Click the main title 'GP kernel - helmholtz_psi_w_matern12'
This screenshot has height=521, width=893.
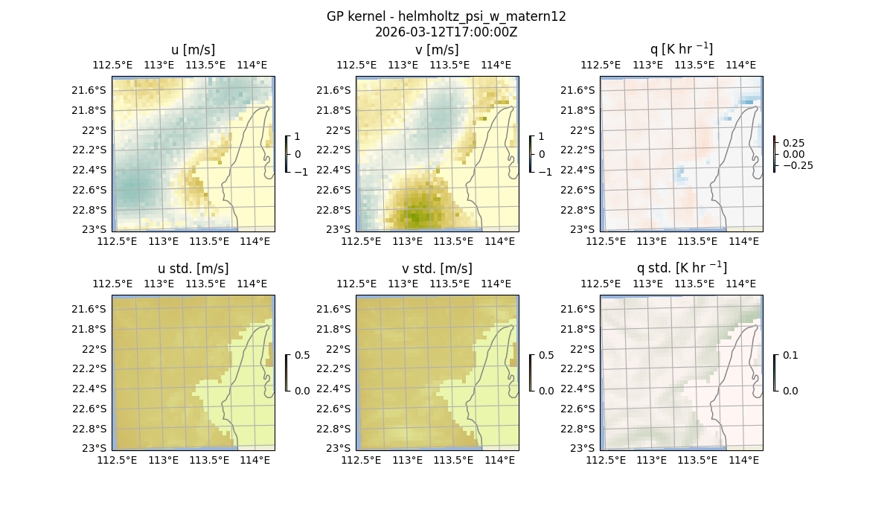(x=446, y=16)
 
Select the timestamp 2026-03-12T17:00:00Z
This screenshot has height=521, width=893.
(x=446, y=32)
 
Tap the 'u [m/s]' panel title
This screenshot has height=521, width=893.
(x=193, y=50)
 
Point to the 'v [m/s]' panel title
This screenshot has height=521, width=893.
(x=437, y=50)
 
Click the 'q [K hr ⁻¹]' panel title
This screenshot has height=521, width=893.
(x=681, y=49)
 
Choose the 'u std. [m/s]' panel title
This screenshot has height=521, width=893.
(x=193, y=269)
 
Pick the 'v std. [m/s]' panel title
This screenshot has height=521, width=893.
(x=437, y=269)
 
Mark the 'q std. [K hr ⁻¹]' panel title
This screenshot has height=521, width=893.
(x=681, y=268)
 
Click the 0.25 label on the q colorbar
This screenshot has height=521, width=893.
(x=793, y=143)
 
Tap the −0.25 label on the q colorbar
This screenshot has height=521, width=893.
(x=797, y=165)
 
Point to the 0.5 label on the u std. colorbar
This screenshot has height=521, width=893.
(x=302, y=356)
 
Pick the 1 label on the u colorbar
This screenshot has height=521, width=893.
(x=298, y=137)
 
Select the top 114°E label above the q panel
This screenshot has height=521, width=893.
(x=740, y=65)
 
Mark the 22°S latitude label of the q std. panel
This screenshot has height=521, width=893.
(x=583, y=349)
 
